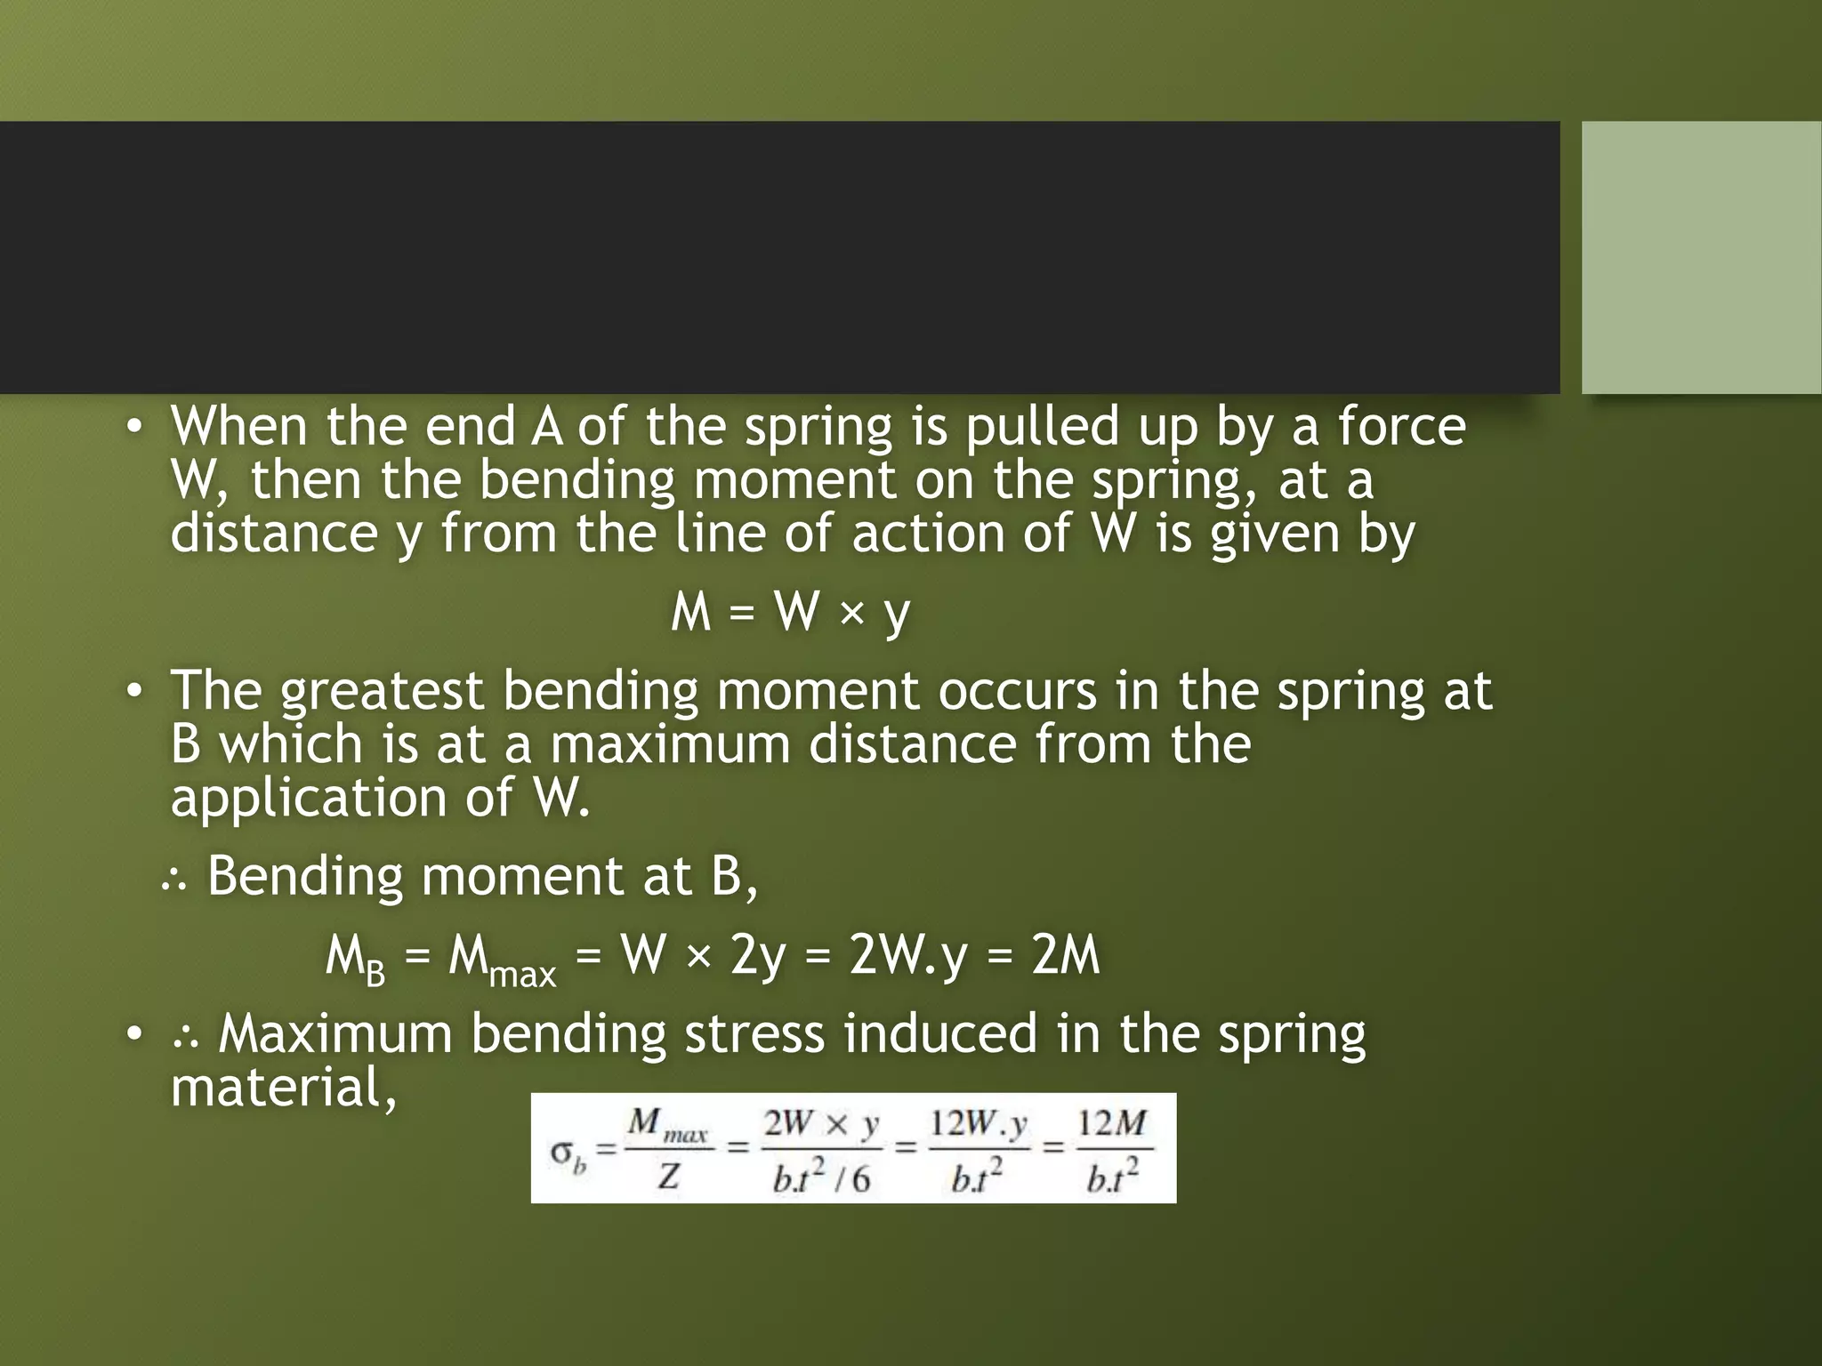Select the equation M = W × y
coord(791,613)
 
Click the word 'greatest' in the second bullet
coord(382,692)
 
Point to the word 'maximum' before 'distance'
coord(670,744)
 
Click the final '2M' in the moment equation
coord(1065,957)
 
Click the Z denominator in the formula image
coord(669,1177)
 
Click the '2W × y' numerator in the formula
coord(820,1124)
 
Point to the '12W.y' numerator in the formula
coord(978,1124)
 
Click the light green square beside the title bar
coord(1701,257)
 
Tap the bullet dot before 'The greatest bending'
coord(133,691)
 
